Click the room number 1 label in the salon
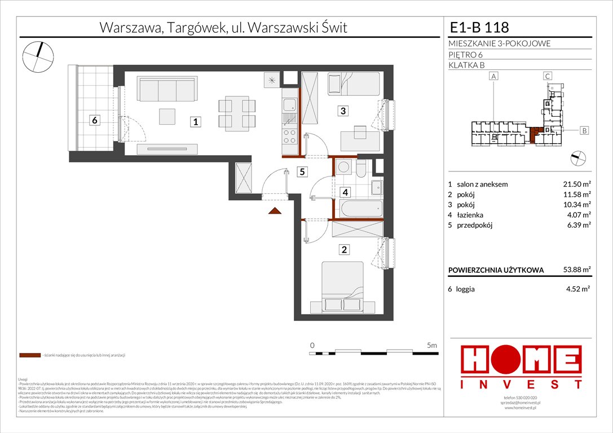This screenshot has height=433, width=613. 194,121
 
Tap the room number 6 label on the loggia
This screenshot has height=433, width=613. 95,120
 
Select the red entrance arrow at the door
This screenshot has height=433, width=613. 275,211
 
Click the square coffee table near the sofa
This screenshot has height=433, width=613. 167,116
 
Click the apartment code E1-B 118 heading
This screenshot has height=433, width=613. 479,27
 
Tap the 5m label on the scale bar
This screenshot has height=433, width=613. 433,344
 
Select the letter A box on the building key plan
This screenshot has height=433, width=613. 494,76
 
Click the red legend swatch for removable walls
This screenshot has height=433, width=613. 29,356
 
